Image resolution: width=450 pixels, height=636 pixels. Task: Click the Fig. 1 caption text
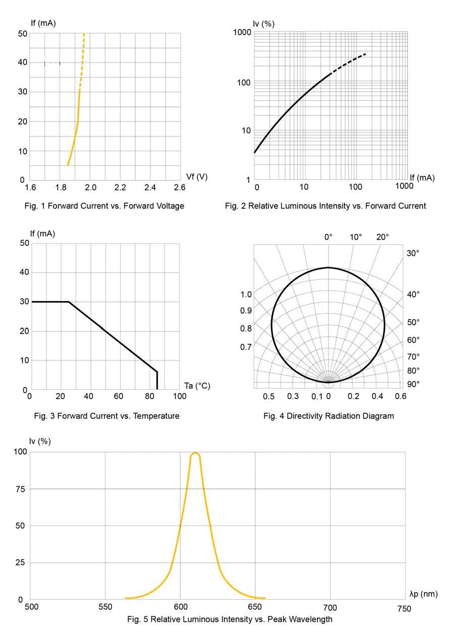104,206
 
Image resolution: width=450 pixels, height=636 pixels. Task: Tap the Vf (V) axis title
197,176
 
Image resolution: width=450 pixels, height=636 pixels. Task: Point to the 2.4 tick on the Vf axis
150,187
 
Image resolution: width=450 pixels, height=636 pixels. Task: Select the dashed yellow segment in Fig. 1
82,60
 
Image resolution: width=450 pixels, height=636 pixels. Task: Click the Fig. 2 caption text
325,206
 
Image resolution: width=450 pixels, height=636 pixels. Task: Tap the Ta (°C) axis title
197,386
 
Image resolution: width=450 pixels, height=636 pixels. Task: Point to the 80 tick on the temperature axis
149,397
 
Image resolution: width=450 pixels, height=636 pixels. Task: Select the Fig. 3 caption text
106,416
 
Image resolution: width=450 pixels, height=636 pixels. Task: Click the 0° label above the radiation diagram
328,237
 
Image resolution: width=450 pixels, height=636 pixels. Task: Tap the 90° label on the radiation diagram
413,384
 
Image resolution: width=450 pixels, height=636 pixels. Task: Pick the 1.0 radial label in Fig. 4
246,294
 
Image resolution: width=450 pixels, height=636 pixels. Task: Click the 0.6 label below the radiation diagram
401,397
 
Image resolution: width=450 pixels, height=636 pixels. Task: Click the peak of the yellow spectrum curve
195,453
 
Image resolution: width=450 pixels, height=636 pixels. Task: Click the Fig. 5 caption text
230,619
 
